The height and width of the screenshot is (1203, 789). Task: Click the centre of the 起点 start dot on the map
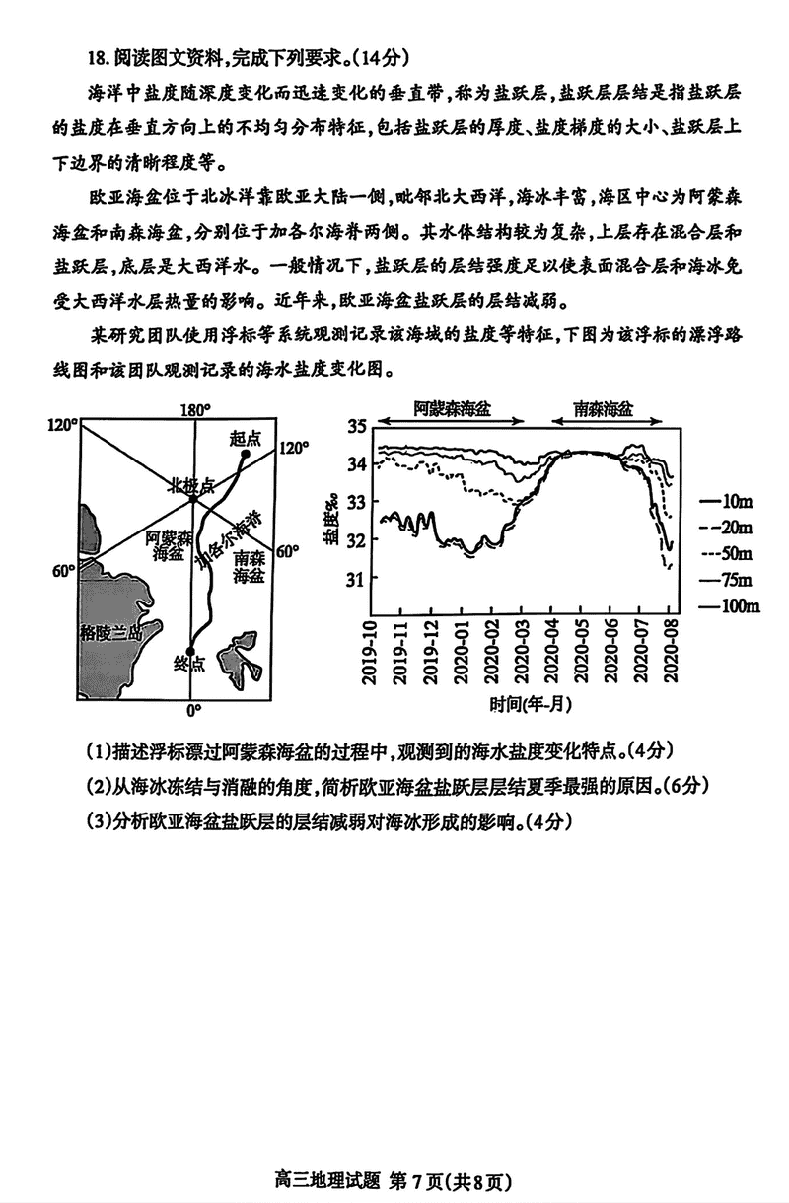coord(246,454)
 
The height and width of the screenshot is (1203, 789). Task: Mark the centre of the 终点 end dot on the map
coord(189,652)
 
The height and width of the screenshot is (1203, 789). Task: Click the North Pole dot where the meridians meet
coord(193,500)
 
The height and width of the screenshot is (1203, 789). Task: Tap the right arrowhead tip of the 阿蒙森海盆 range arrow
coord(525,421)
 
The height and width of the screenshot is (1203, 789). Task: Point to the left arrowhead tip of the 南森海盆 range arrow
coord(551,421)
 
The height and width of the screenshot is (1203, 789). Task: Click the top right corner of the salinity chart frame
coord(681,428)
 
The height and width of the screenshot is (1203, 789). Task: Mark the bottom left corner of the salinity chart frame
coord(372,614)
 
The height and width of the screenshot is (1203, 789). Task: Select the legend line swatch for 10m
coord(709,502)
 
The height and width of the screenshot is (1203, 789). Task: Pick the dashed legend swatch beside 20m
coord(709,528)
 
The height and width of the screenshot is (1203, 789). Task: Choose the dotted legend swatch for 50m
coord(709,554)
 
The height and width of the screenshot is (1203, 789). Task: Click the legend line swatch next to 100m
coord(709,606)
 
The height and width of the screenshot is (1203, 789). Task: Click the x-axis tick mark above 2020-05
coord(581,610)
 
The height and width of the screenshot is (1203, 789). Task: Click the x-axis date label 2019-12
coord(431,652)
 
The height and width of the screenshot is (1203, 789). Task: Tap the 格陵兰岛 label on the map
coord(111,633)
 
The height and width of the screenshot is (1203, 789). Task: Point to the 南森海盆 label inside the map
coord(250,567)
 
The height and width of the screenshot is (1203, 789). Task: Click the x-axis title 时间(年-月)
coord(531,703)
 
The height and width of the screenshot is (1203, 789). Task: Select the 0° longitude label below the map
coord(194,711)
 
